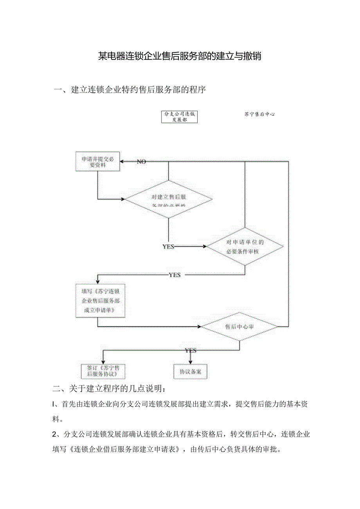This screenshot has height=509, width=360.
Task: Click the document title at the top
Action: (180, 56)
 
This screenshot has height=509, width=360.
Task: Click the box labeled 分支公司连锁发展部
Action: (179, 117)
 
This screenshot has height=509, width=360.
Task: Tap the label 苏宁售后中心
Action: (259, 114)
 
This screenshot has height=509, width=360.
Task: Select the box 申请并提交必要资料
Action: (97, 162)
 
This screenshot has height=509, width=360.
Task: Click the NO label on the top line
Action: (141, 162)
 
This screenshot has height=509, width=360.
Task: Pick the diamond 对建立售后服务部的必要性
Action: (168, 200)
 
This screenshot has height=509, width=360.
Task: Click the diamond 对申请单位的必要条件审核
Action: (245, 247)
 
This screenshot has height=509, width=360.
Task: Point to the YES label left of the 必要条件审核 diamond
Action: (168, 246)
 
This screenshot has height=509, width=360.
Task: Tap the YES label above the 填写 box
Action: (175, 275)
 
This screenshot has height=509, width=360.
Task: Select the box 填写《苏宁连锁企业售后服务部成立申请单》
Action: (100, 300)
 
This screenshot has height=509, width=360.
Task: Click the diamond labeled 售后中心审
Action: (240, 326)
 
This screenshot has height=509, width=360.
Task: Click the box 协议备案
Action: (190, 371)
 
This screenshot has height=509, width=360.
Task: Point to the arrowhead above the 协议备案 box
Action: (191, 362)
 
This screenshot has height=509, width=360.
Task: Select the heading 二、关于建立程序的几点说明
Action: (111, 389)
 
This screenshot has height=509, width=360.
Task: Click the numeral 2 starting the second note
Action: (55, 434)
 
